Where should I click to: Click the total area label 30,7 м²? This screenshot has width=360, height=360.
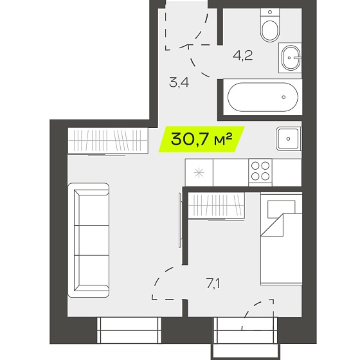click(202, 139)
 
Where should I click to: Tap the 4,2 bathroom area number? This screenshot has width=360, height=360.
click(243, 55)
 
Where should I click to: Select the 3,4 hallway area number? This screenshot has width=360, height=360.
click(179, 83)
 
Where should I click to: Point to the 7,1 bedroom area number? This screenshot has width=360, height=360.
click(213, 283)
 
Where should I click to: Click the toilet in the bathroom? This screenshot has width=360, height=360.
click(270, 25)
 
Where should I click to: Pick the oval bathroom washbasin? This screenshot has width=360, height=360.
click(291, 58)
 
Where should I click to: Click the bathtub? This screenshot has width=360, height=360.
click(263, 97)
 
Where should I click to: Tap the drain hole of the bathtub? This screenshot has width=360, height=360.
click(283, 97)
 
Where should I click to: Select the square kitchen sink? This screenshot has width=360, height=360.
click(289, 139)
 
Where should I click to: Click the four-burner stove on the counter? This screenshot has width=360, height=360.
click(260, 172)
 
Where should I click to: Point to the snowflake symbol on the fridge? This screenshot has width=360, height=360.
click(199, 173)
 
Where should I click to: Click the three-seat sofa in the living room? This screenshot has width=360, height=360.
click(89, 240)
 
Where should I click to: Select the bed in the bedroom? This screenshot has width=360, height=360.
click(282, 239)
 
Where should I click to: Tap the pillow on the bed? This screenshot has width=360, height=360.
click(282, 209)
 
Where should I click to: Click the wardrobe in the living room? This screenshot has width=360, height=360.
click(108, 141)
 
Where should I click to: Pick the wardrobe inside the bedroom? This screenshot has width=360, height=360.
click(216, 206)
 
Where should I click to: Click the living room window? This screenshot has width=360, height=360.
click(129, 330)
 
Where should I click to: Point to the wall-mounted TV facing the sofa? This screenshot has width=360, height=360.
click(180, 221)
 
